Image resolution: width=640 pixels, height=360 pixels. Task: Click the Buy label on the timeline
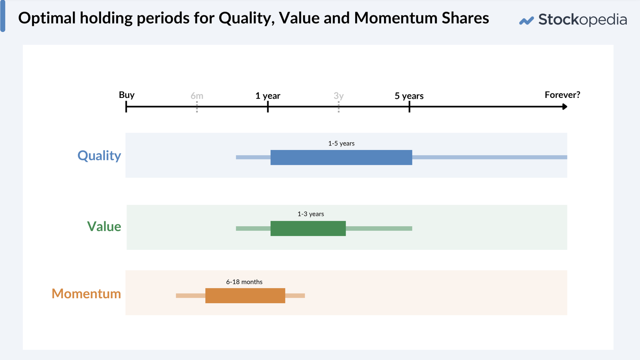tap(127, 95)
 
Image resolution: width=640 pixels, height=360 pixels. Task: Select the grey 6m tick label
tap(197, 96)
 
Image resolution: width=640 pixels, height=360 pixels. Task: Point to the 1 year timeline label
tap(268, 96)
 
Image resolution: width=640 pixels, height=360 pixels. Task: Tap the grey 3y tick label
tap(339, 96)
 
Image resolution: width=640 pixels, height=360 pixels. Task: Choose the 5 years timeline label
tap(409, 96)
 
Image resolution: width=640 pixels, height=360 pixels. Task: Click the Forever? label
tap(562, 95)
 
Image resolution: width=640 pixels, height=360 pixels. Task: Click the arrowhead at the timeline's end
tap(565, 106)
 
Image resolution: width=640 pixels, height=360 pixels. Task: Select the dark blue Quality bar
tap(341, 157)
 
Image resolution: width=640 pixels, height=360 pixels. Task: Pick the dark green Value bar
tap(308, 228)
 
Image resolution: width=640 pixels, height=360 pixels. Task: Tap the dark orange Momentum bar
tap(245, 296)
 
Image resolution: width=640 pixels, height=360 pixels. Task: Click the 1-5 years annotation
tap(341, 143)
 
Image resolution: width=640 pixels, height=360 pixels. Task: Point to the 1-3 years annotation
tap(310, 214)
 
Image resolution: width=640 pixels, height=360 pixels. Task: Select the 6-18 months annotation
tap(244, 282)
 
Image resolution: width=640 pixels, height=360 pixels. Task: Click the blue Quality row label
tap(99, 155)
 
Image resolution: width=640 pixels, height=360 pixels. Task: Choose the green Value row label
tap(104, 226)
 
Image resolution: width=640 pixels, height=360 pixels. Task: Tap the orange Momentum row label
tap(86, 293)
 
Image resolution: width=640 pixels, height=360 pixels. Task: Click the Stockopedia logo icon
tap(526, 21)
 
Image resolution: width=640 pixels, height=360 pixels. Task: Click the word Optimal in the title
tap(47, 18)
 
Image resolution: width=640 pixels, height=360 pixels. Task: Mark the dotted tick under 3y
tap(339, 107)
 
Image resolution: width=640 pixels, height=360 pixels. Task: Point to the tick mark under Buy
tap(126, 107)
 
